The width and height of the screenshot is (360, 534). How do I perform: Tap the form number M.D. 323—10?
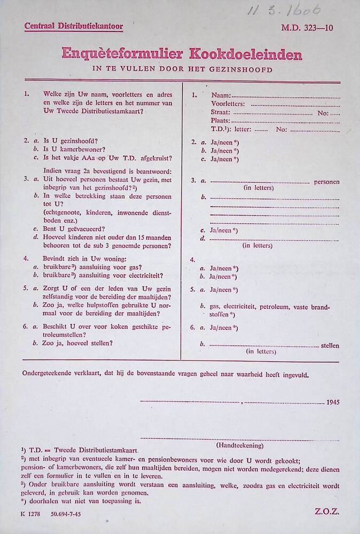(307, 28)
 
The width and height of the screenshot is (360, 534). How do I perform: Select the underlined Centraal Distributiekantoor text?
(74, 26)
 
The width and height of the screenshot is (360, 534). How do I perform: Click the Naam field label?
(221, 95)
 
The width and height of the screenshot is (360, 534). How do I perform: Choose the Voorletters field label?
(228, 104)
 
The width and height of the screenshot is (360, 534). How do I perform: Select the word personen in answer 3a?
(326, 182)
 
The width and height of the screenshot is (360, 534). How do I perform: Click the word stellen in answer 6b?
(330, 345)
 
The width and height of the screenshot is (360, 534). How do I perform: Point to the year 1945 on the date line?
(332, 402)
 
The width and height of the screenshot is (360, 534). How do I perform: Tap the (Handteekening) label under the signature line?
(240, 445)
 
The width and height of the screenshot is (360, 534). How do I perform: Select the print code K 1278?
(31, 514)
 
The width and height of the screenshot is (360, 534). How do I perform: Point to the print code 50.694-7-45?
(66, 514)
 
